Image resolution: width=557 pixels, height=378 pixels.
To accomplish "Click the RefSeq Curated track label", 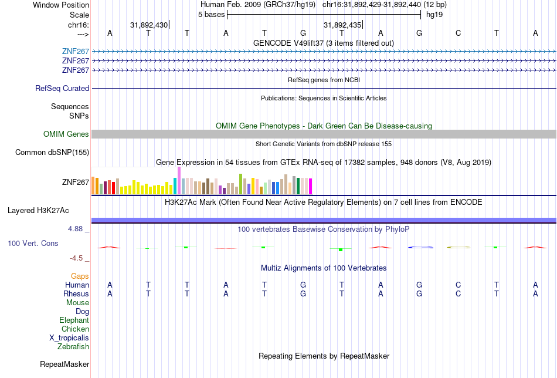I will pos(62,89).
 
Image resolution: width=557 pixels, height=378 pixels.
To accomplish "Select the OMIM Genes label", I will pos(66,134).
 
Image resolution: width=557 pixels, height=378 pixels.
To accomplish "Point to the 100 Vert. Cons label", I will pos(33,243).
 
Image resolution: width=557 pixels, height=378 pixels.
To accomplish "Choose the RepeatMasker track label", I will pos(64,365).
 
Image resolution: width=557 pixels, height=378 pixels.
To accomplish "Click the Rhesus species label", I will pos(76,293).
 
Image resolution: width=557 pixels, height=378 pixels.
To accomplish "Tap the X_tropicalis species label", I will pos(69,338).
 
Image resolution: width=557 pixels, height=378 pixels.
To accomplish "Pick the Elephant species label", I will pos(74,320).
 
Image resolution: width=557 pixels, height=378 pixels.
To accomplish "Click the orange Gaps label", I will pos(80,276).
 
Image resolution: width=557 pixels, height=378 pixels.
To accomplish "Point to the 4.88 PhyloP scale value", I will pos(76,228).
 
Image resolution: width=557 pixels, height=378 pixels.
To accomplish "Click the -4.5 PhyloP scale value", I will pos(77,258).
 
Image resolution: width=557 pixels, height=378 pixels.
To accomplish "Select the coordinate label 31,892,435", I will pos(342,25).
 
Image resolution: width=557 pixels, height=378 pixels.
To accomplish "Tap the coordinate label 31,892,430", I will pos(149,25).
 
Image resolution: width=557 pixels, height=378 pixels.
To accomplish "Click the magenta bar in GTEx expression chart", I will pos(310,186).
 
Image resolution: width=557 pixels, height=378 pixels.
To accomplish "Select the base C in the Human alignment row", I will pos(458,285).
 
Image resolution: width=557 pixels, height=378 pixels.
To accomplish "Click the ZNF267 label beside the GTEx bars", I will pos(76,182).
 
